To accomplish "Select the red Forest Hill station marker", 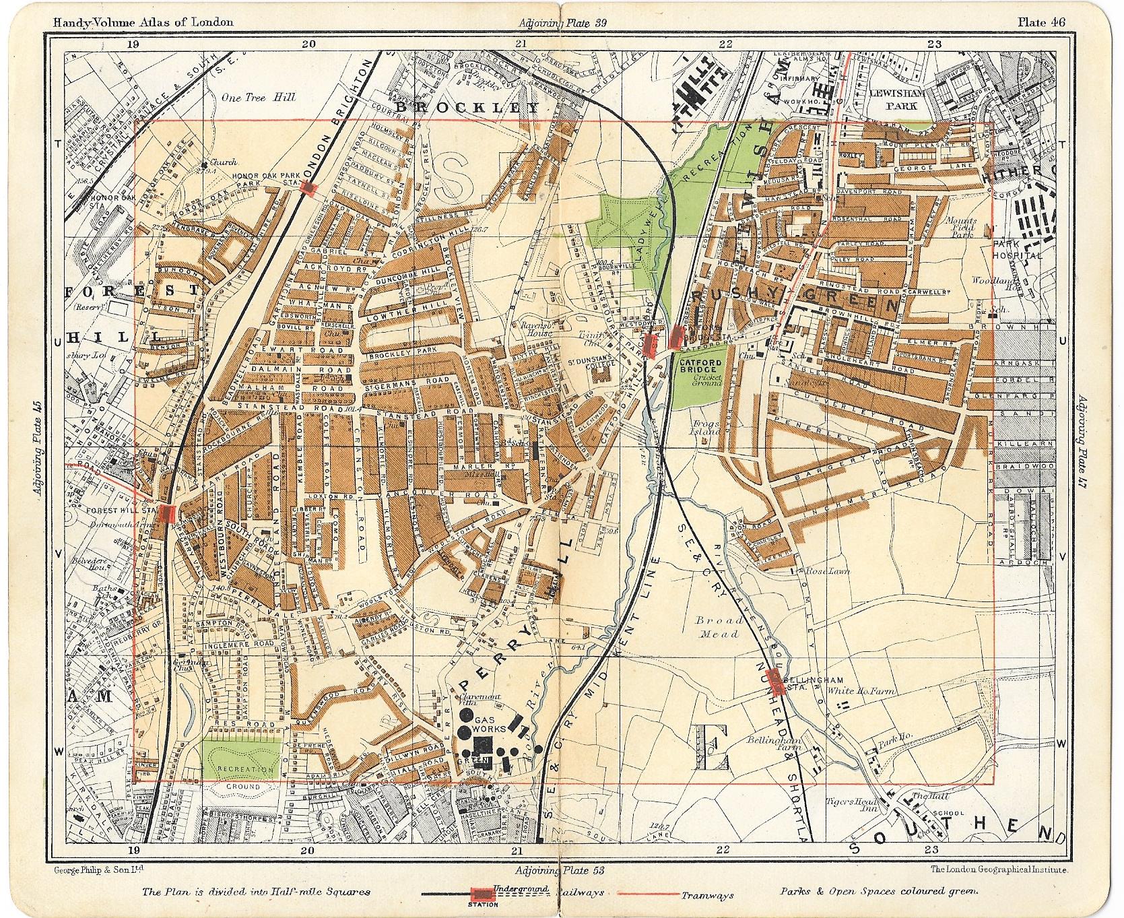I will (x=168, y=513).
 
